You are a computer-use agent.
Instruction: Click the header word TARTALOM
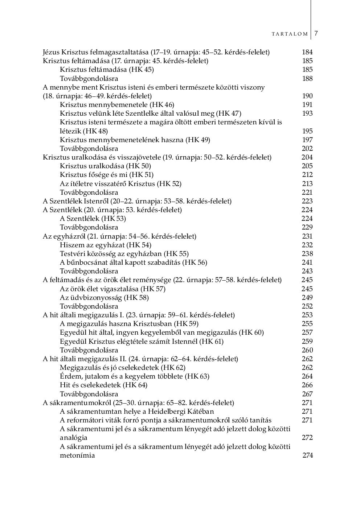point(290,34)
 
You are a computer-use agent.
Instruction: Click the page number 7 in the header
point(316,33)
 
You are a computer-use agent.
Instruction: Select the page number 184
point(307,52)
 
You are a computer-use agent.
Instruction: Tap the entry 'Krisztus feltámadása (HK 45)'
point(107,70)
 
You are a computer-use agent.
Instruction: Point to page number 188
point(307,79)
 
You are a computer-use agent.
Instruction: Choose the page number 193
point(307,113)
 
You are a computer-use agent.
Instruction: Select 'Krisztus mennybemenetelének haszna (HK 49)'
point(135,140)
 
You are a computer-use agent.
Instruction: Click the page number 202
point(307,149)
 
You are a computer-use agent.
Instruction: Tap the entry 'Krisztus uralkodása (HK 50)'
point(105,166)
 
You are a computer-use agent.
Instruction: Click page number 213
point(307,184)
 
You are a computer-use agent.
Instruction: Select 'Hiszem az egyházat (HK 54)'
point(106,245)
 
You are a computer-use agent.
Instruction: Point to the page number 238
point(307,254)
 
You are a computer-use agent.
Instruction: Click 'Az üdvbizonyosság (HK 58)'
point(104,298)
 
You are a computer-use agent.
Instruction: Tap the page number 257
point(307,333)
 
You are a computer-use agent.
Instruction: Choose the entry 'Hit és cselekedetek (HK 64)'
point(103,385)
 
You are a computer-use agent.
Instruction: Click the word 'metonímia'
point(77,455)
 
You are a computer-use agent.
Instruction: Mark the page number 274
point(307,455)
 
